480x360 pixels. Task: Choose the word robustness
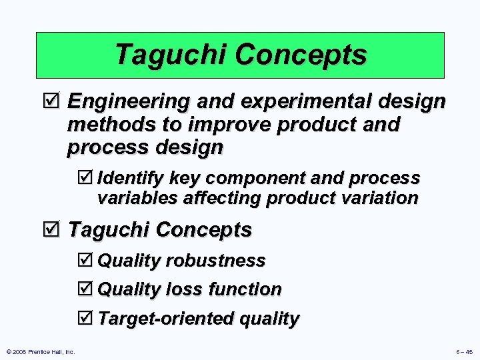[x=216, y=261]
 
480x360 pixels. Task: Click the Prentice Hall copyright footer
[x=41, y=351]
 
